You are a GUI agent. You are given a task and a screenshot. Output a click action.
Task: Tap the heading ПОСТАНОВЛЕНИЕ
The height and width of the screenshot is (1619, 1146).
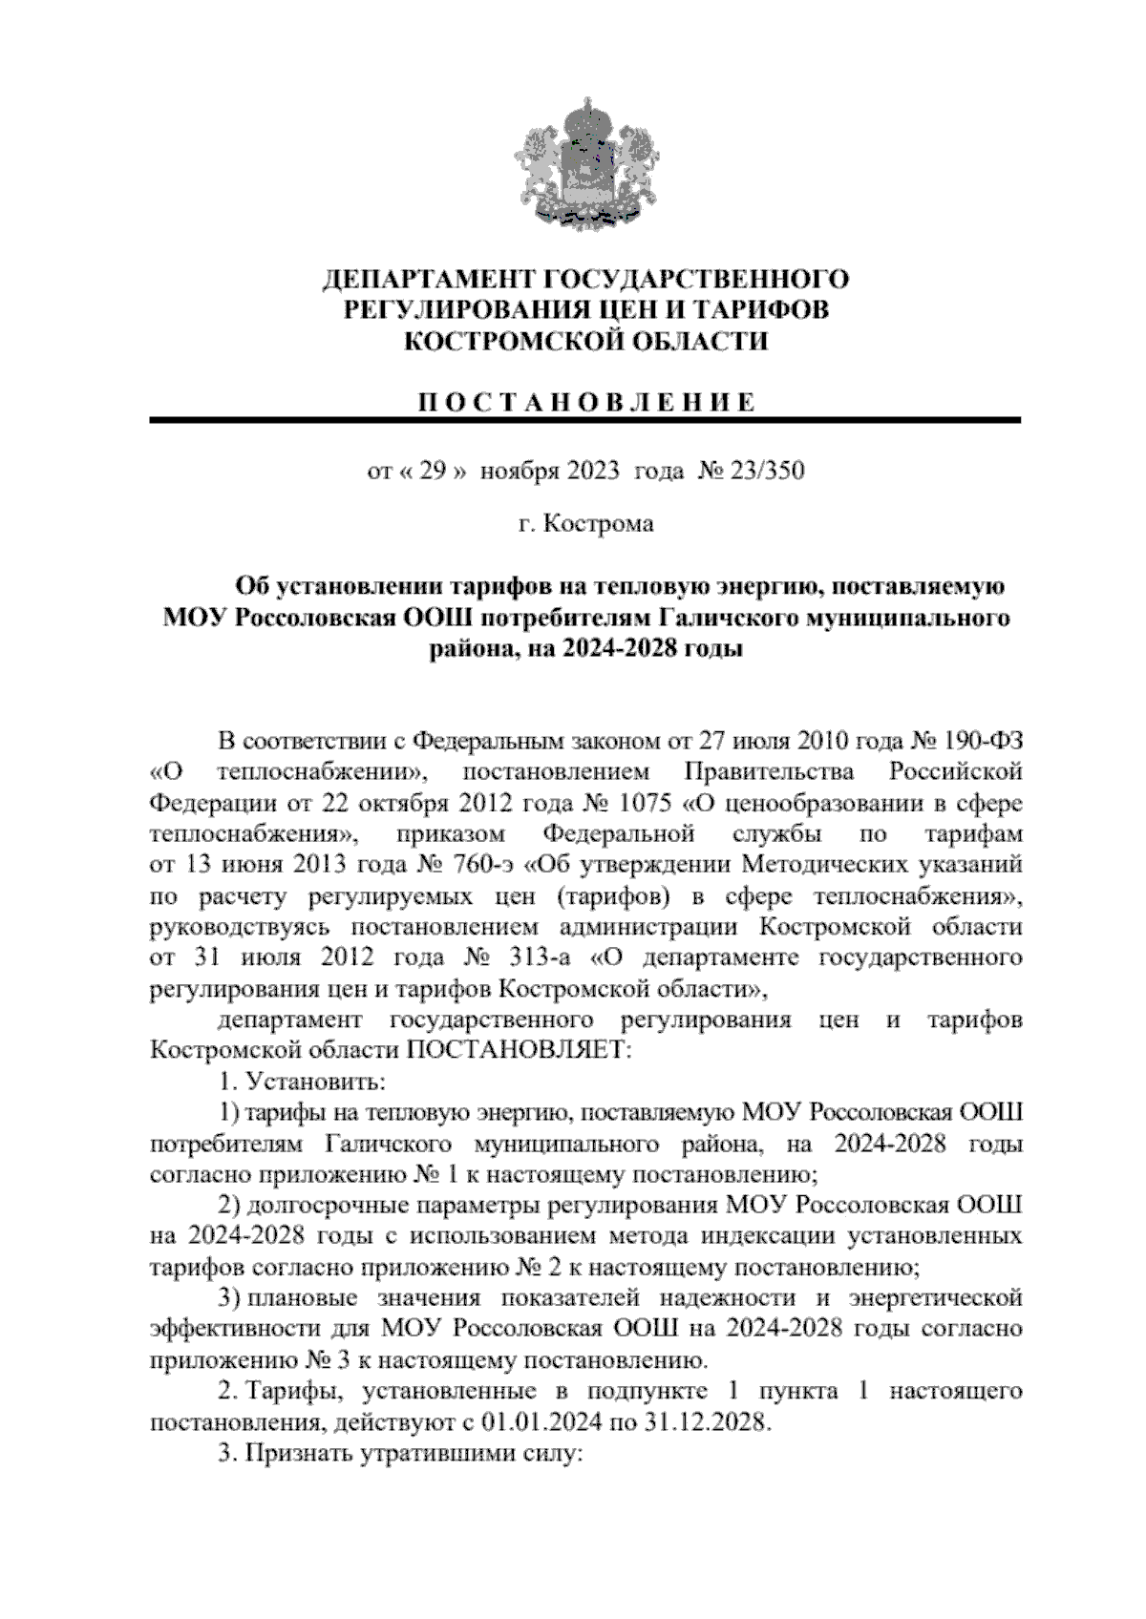tap(584, 402)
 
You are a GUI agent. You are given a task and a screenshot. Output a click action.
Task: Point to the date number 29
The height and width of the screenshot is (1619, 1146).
tap(434, 471)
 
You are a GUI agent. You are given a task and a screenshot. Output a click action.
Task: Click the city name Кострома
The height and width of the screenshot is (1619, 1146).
tap(600, 524)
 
